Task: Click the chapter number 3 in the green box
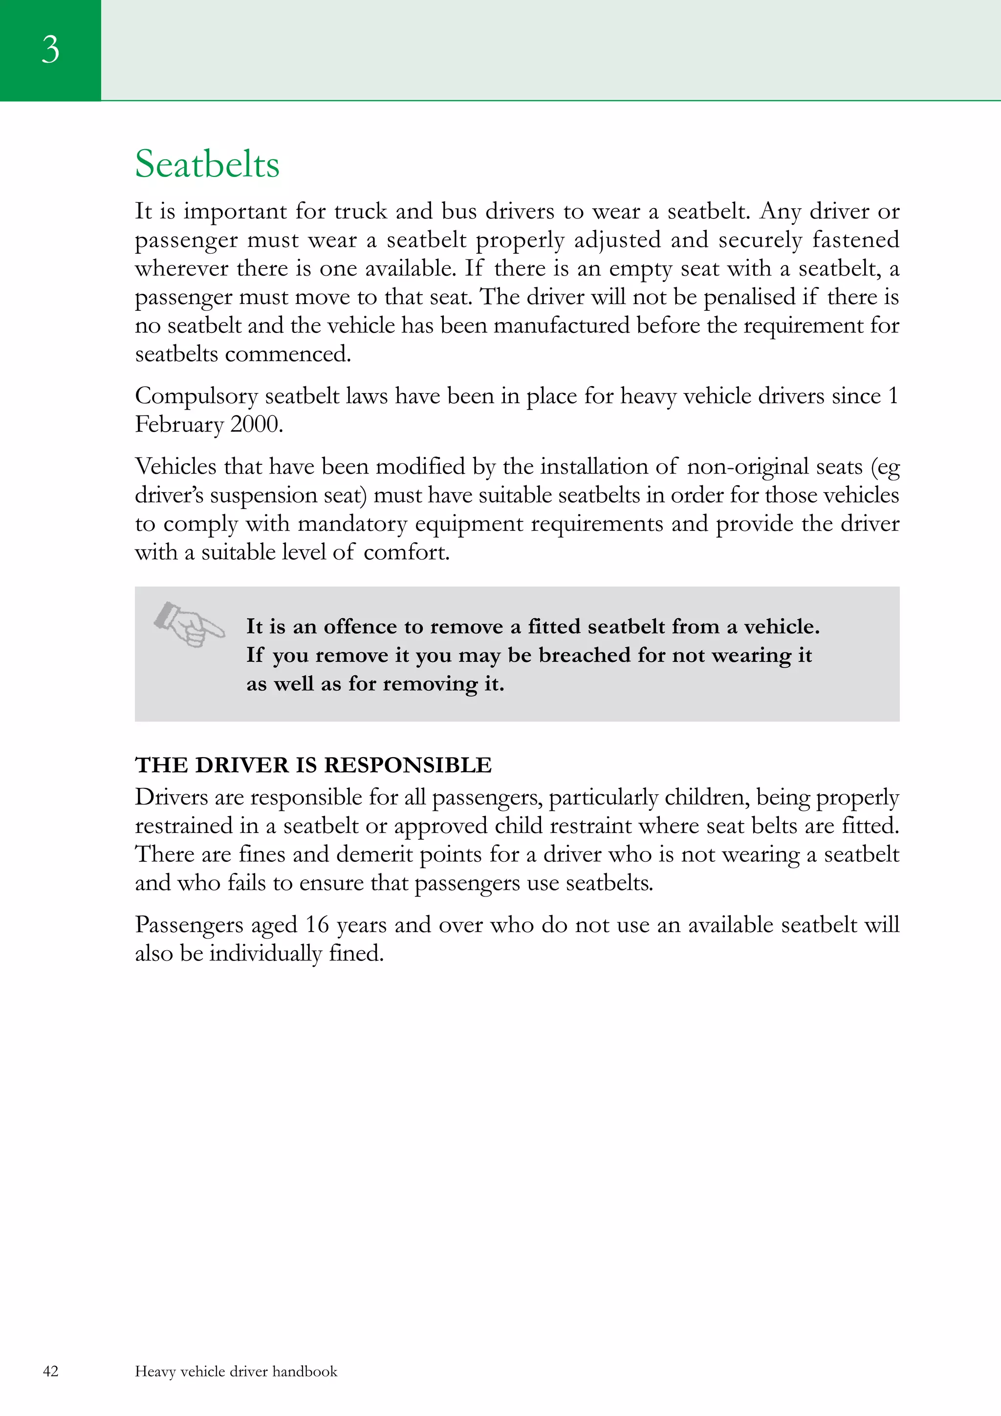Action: point(50,49)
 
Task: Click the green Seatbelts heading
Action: point(207,165)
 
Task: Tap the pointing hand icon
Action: point(189,624)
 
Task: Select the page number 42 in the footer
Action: point(50,1371)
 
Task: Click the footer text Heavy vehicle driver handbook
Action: point(236,1371)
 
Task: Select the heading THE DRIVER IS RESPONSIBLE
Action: point(313,765)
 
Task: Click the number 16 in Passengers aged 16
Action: point(317,924)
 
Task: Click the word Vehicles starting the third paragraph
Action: point(176,467)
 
